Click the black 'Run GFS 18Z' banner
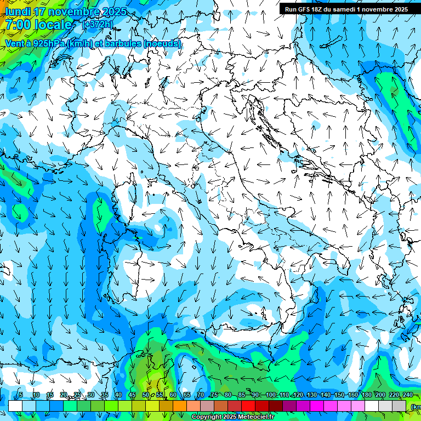[x=346, y=9]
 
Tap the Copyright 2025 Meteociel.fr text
[x=232, y=417]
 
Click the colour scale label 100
[x=270, y=395]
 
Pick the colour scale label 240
[x=408, y=395]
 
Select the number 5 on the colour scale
[x=21, y=395]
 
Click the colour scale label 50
[x=146, y=395]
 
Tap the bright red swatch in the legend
[x=248, y=406]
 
